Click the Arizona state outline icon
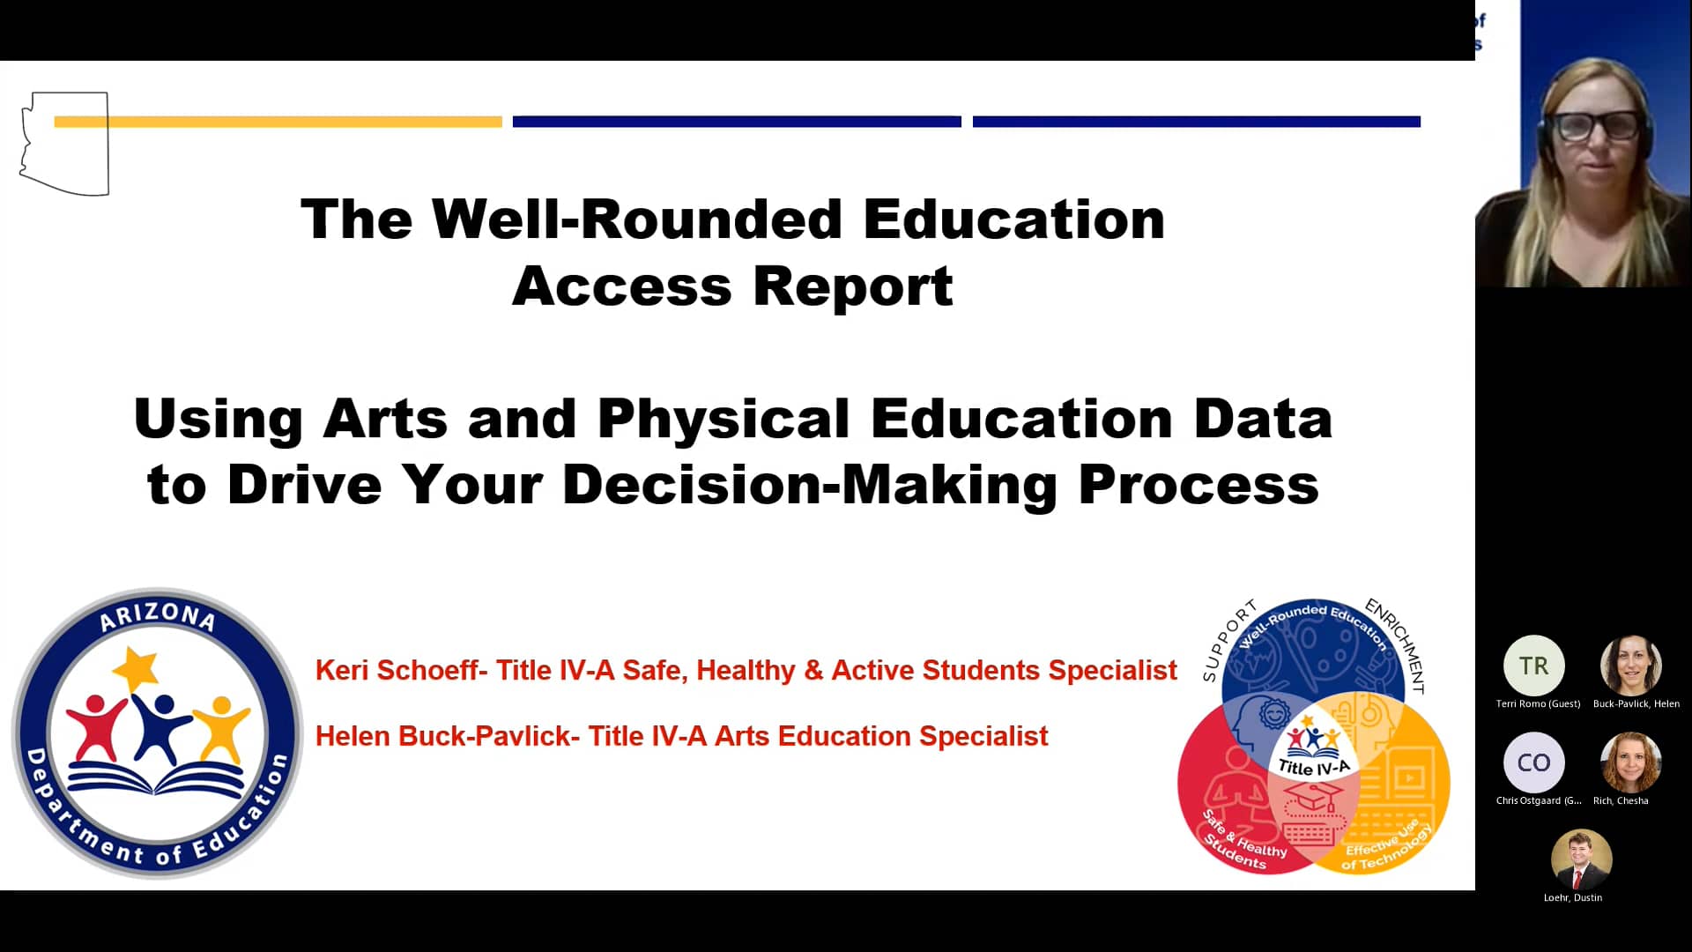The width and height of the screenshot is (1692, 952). click(64, 144)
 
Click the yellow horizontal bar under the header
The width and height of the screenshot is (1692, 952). click(278, 122)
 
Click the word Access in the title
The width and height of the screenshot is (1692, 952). click(621, 286)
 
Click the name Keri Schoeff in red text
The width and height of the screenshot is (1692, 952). click(396, 670)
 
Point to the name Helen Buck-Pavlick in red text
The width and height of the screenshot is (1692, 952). click(442, 736)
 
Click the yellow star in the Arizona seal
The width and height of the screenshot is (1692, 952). click(137, 669)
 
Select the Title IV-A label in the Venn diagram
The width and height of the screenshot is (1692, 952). click(1314, 768)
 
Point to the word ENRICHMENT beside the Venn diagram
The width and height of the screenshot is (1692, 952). click(1396, 643)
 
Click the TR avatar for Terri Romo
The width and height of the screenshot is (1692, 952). click(1533, 666)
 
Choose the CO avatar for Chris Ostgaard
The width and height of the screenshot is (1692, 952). click(1533, 762)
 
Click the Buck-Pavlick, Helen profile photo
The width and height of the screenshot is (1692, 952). click(1630, 666)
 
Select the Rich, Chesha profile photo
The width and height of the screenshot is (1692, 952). click(1630, 762)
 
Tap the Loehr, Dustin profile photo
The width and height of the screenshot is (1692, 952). click(1581, 859)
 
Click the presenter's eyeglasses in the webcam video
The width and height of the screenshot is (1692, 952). click(1597, 126)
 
